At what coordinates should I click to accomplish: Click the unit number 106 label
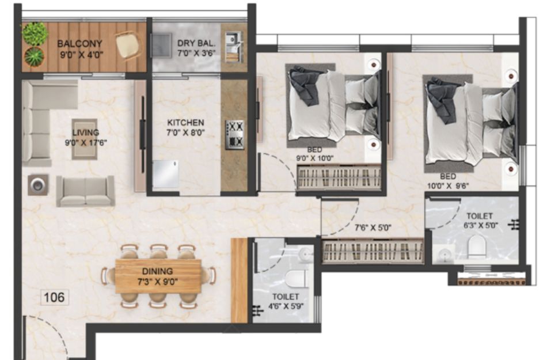(x=54, y=297)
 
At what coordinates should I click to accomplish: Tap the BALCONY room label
(x=80, y=44)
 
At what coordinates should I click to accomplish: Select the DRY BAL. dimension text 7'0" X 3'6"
(x=196, y=54)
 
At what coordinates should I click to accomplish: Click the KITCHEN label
(x=185, y=123)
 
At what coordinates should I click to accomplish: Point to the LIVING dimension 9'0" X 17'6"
(x=86, y=143)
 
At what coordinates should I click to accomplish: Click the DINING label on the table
(x=157, y=271)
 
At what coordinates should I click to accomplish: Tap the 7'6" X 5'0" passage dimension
(x=373, y=228)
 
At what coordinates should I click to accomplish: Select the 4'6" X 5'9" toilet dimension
(x=286, y=306)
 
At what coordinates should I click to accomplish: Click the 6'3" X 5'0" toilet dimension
(x=481, y=225)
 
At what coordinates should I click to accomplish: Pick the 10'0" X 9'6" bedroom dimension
(x=448, y=186)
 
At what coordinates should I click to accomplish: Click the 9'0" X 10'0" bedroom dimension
(x=315, y=158)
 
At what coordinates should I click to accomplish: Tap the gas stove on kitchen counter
(x=235, y=135)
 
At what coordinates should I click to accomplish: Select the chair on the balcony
(x=127, y=45)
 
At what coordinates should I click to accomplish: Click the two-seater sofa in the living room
(x=85, y=191)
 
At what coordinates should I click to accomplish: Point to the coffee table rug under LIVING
(x=85, y=139)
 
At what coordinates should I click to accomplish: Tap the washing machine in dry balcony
(x=161, y=46)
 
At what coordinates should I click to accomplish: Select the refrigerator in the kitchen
(x=166, y=175)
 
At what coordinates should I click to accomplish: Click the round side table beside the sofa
(x=38, y=185)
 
